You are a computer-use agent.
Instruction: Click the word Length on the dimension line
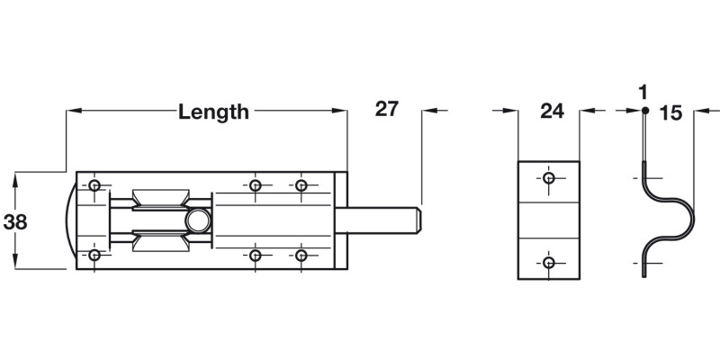[213, 112]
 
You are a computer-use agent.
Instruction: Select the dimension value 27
[386, 110]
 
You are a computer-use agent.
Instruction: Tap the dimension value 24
[551, 112]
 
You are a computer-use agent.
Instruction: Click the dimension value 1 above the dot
[643, 92]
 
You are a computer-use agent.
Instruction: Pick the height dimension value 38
[15, 221]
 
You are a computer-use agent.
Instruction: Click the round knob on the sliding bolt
[198, 220]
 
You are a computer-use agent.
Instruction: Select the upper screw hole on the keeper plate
[549, 177]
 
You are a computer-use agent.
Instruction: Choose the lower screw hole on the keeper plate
[549, 263]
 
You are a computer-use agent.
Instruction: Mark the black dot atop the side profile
[644, 111]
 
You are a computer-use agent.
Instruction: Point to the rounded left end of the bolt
[70, 220]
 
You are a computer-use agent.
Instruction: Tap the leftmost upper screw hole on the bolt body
[94, 185]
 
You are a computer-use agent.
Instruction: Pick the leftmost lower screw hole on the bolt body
[94, 256]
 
